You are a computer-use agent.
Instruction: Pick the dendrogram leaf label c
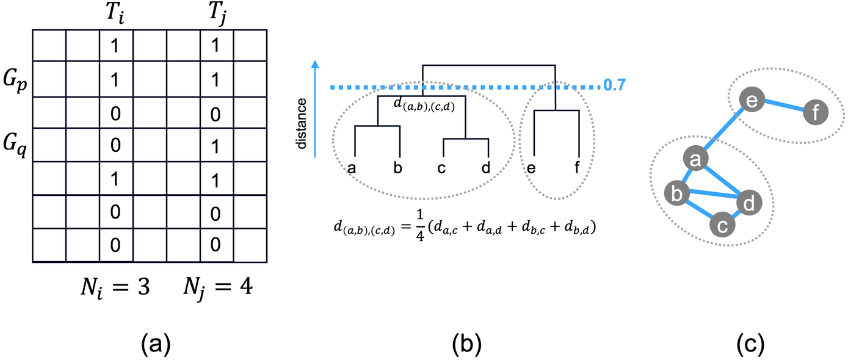[x=442, y=167]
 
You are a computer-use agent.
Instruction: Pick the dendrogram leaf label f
[x=577, y=167]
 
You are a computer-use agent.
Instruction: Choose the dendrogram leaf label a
[x=352, y=167]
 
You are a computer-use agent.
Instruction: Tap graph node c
[x=722, y=226]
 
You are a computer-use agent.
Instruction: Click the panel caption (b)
[x=466, y=344]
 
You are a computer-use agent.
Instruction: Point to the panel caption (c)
[x=750, y=344]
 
